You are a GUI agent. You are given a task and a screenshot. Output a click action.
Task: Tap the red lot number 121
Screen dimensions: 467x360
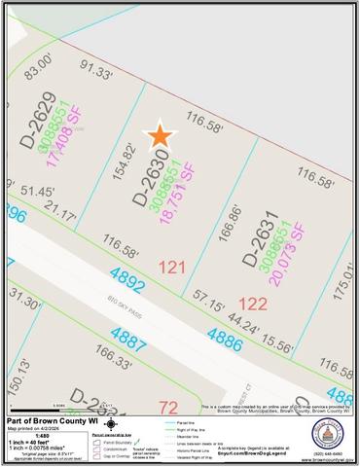tap(171, 266)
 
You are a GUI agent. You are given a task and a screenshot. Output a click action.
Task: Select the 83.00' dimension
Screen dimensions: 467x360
tap(38, 73)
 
